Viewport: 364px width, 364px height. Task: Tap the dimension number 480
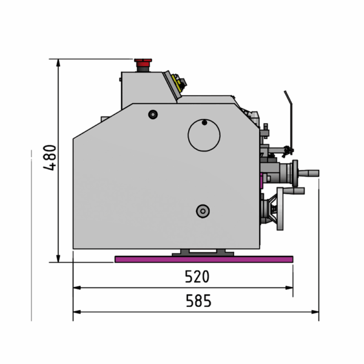pyautogui.click(x=50, y=158)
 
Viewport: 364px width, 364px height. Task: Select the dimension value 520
pyautogui.click(x=197, y=276)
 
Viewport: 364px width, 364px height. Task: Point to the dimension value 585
pyautogui.click(x=198, y=301)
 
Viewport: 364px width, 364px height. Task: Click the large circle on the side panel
pyautogui.click(x=204, y=135)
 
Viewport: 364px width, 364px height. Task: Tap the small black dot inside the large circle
pyautogui.click(x=204, y=123)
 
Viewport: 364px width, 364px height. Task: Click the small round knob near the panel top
pyautogui.click(x=153, y=115)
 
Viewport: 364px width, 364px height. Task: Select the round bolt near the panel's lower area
pyautogui.click(x=203, y=211)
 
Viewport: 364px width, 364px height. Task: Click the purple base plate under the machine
pyautogui.click(x=204, y=259)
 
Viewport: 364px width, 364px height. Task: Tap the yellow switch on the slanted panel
pyautogui.click(x=177, y=83)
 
